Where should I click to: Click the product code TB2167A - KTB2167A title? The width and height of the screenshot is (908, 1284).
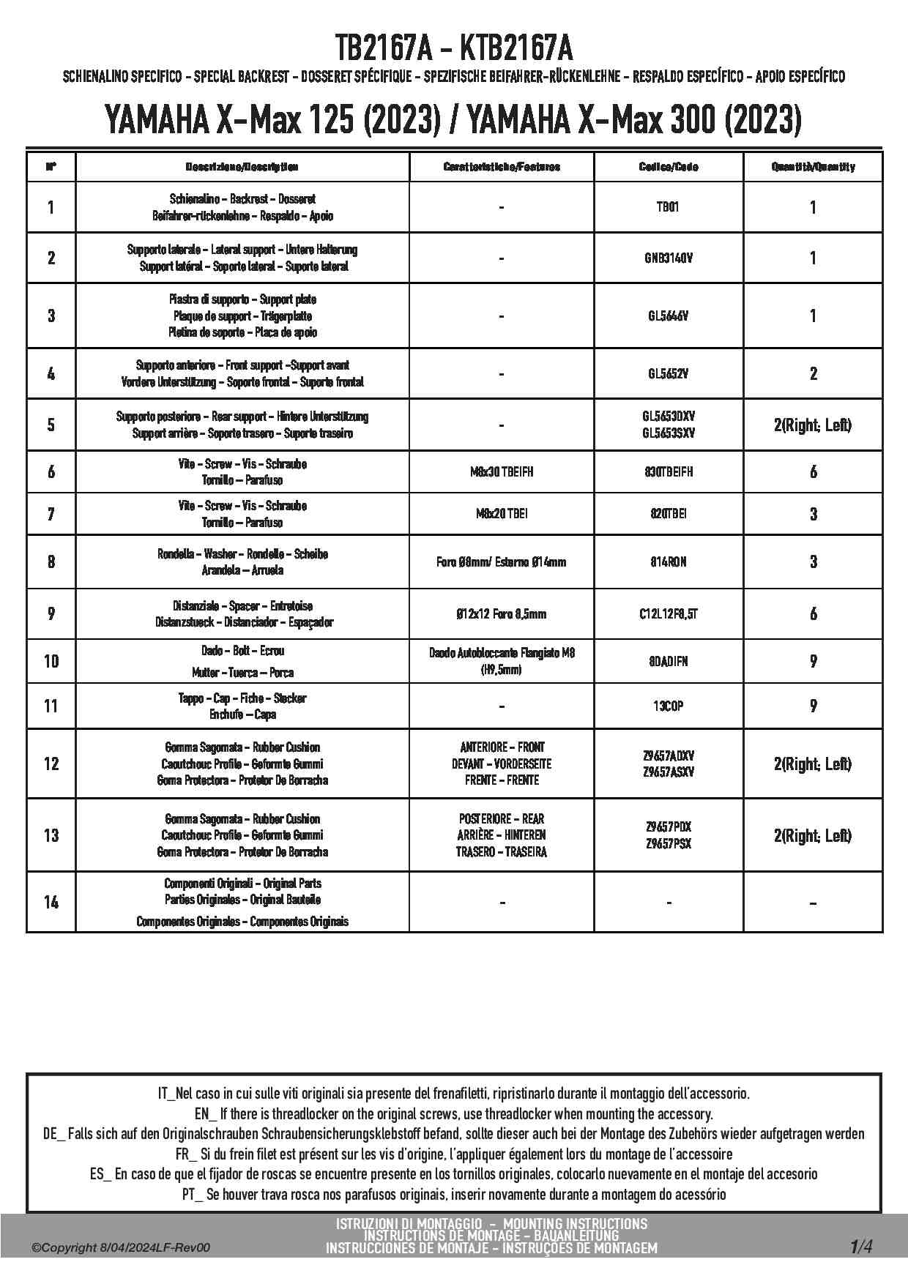pyautogui.click(x=454, y=48)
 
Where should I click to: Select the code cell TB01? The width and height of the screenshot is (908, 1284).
pyautogui.click(x=668, y=207)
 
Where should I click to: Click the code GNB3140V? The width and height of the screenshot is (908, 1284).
pyautogui.click(x=669, y=258)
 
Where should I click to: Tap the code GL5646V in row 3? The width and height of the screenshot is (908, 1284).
pyautogui.click(x=669, y=316)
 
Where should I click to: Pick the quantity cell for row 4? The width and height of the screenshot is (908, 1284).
pyautogui.click(x=813, y=374)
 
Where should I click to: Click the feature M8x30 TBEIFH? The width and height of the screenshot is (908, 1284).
pyautogui.click(x=502, y=472)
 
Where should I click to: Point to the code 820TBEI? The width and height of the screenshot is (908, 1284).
pyautogui.click(x=669, y=514)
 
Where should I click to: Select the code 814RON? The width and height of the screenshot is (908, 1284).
pyautogui.click(x=669, y=562)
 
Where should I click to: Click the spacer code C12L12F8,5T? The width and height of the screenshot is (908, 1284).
pyautogui.click(x=669, y=614)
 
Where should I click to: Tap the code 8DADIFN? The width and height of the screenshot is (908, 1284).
pyautogui.click(x=669, y=662)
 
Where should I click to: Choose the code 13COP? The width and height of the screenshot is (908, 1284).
pyautogui.click(x=669, y=706)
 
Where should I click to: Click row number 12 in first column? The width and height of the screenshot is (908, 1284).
pyautogui.click(x=51, y=764)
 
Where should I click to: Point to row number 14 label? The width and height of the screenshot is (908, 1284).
pyautogui.click(x=51, y=902)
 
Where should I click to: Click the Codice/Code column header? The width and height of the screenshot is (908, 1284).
pyautogui.click(x=669, y=167)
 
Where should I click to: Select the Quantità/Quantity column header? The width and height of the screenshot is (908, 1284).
pyautogui.click(x=813, y=167)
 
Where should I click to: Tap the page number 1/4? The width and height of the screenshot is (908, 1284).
pyautogui.click(x=861, y=1246)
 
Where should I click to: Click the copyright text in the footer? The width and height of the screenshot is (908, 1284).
pyautogui.click(x=121, y=1248)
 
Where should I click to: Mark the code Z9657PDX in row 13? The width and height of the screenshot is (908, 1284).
pyautogui.click(x=669, y=827)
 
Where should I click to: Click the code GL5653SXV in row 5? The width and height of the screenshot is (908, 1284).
pyautogui.click(x=669, y=433)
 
